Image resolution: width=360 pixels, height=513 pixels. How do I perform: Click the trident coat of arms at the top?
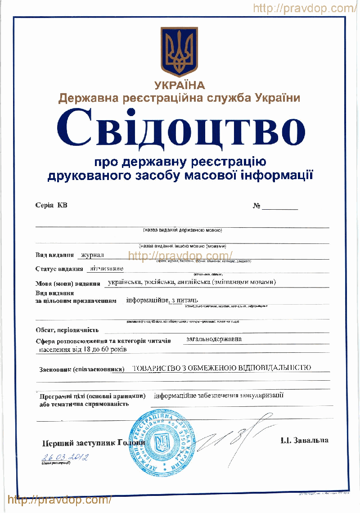click(180, 51)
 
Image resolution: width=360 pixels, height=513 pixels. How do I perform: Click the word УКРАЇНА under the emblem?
click(180, 85)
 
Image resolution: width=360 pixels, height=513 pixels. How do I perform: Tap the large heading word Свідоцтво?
click(180, 127)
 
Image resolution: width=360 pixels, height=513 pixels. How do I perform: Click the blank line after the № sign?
click(280, 207)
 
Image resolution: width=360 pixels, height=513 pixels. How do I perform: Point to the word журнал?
click(92, 255)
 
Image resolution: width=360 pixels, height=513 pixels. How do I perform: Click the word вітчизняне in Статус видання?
click(107, 269)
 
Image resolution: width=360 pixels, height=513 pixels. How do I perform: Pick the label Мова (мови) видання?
click(67, 283)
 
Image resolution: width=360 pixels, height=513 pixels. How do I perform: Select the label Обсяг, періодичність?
click(67, 330)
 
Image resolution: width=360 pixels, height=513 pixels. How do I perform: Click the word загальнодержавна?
click(213, 339)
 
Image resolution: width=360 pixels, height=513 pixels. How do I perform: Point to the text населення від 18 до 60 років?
click(83, 349)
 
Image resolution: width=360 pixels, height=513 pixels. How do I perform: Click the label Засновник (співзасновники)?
click(82, 370)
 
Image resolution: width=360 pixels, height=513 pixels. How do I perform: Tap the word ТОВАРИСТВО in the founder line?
click(156, 368)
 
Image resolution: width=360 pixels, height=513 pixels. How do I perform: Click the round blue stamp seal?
click(162, 443)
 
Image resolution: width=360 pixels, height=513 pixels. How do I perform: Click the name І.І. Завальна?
click(304, 440)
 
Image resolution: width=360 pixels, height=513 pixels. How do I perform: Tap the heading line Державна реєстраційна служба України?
click(180, 98)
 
